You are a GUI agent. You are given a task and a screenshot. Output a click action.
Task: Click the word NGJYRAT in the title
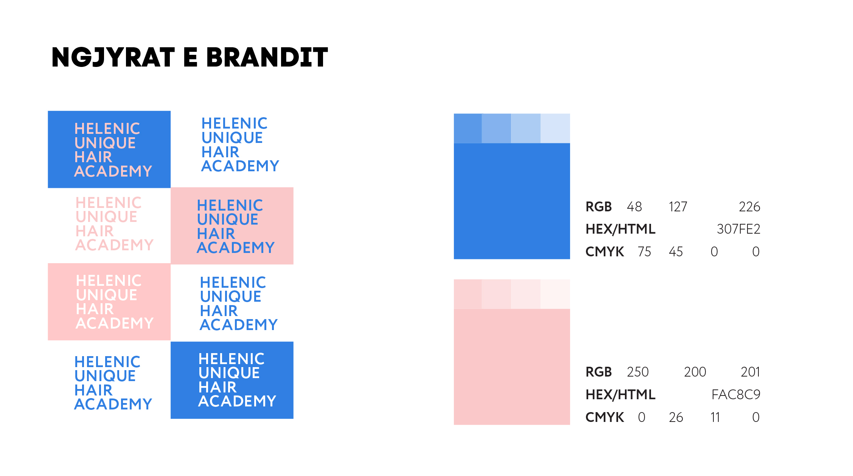113,58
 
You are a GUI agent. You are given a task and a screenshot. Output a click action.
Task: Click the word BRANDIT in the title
267,57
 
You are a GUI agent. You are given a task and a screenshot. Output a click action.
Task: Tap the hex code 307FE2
738,229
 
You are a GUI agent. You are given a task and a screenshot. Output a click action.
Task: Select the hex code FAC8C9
736,395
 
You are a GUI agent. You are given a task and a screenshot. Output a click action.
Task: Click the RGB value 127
678,207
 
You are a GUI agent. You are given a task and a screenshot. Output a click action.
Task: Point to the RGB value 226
749,207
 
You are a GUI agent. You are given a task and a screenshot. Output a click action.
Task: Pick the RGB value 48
634,207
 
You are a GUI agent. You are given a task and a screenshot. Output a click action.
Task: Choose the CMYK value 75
644,252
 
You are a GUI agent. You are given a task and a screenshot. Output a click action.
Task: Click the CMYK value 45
676,252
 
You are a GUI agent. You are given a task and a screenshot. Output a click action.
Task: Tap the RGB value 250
638,372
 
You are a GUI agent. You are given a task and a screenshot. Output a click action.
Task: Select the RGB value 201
750,372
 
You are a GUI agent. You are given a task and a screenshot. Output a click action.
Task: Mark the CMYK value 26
676,417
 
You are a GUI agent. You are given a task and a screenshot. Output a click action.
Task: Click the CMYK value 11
715,417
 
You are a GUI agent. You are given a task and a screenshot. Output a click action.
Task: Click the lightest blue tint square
555,129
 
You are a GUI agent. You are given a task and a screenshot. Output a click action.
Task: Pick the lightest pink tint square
555,294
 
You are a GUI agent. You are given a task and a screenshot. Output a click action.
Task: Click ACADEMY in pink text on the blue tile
113,171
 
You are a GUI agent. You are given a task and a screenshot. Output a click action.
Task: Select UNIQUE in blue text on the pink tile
228,220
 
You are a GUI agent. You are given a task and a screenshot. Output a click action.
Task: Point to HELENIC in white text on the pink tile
109,281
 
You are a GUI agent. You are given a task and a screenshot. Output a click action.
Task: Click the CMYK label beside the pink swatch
604,417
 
